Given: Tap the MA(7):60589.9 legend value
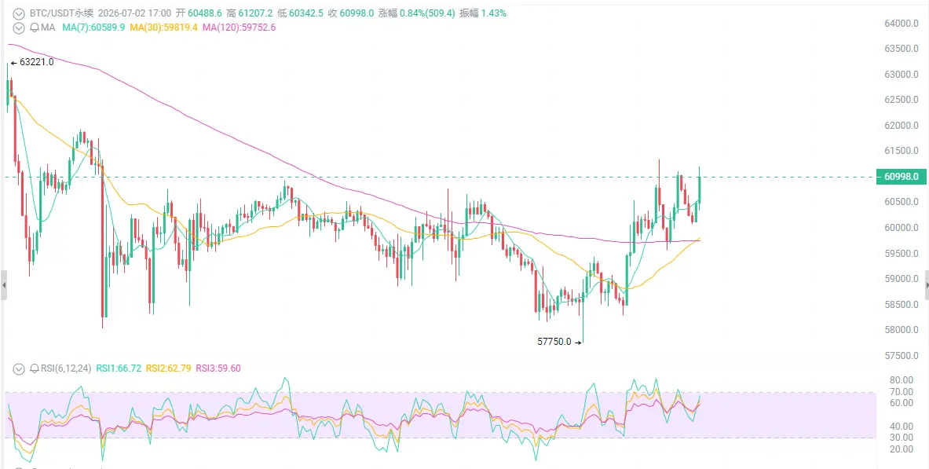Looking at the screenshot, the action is tap(93, 27).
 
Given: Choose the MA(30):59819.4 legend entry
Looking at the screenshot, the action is tap(163, 27).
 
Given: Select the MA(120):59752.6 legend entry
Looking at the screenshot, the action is tap(239, 27).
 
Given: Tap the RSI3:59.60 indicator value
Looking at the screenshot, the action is tap(218, 368).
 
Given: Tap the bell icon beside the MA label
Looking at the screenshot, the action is tap(34, 27).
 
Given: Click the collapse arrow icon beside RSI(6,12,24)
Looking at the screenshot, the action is tap(19, 368).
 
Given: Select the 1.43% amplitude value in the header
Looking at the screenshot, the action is tap(494, 13).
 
